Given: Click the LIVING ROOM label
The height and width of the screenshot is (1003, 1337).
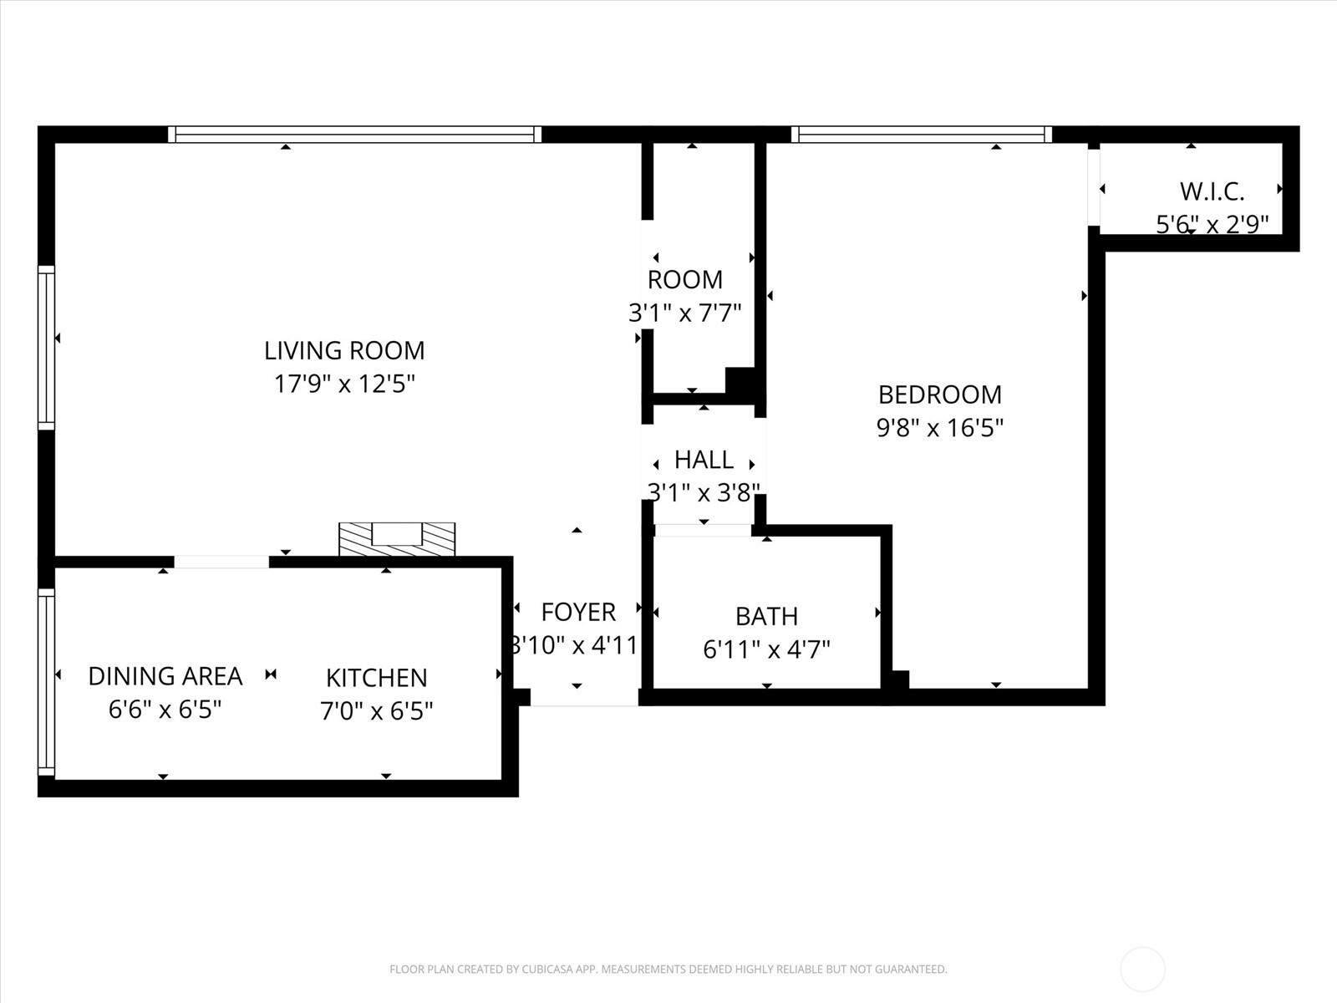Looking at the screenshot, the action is (x=344, y=351).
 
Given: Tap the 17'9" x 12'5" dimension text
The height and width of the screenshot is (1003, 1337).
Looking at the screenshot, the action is (x=344, y=384).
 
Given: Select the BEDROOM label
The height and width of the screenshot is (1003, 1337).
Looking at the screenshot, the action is (x=940, y=395).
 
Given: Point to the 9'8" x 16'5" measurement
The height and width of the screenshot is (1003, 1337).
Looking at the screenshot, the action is (x=940, y=428).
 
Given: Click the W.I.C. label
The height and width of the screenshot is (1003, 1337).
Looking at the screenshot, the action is (x=1212, y=192).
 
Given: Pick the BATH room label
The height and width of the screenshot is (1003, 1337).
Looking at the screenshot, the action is (x=767, y=616).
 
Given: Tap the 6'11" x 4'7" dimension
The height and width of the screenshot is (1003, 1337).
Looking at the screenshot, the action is (x=767, y=649).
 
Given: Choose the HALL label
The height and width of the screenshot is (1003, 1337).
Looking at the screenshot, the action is (x=704, y=460).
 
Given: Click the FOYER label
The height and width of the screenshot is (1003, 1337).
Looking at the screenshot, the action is (x=578, y=612).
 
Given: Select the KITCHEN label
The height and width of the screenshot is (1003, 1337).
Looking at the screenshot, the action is (x=376, y=678).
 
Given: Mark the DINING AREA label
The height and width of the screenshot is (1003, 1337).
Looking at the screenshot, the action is (x=165, y=676).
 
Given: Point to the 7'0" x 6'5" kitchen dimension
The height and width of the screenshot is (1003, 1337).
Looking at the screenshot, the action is (x=376, y=710).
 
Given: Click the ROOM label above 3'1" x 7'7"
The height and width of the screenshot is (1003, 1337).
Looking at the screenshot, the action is (x=685, y=279).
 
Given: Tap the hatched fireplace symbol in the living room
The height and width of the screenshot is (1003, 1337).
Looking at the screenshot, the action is (x=397, y=539).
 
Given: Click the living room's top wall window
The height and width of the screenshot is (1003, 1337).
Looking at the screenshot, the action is (x=354, y=134).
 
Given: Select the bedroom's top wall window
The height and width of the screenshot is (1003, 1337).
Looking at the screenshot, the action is (x=922, y=134).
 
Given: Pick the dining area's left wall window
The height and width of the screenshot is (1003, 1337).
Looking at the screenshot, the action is (x=46, y=682).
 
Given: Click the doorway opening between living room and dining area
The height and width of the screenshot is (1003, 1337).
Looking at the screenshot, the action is (x=221, y=562).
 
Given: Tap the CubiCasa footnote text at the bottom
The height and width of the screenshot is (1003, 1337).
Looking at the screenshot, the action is (x=668, y=969).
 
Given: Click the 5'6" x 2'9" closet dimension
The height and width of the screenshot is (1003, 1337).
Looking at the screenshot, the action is (x=1212, y=225).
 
